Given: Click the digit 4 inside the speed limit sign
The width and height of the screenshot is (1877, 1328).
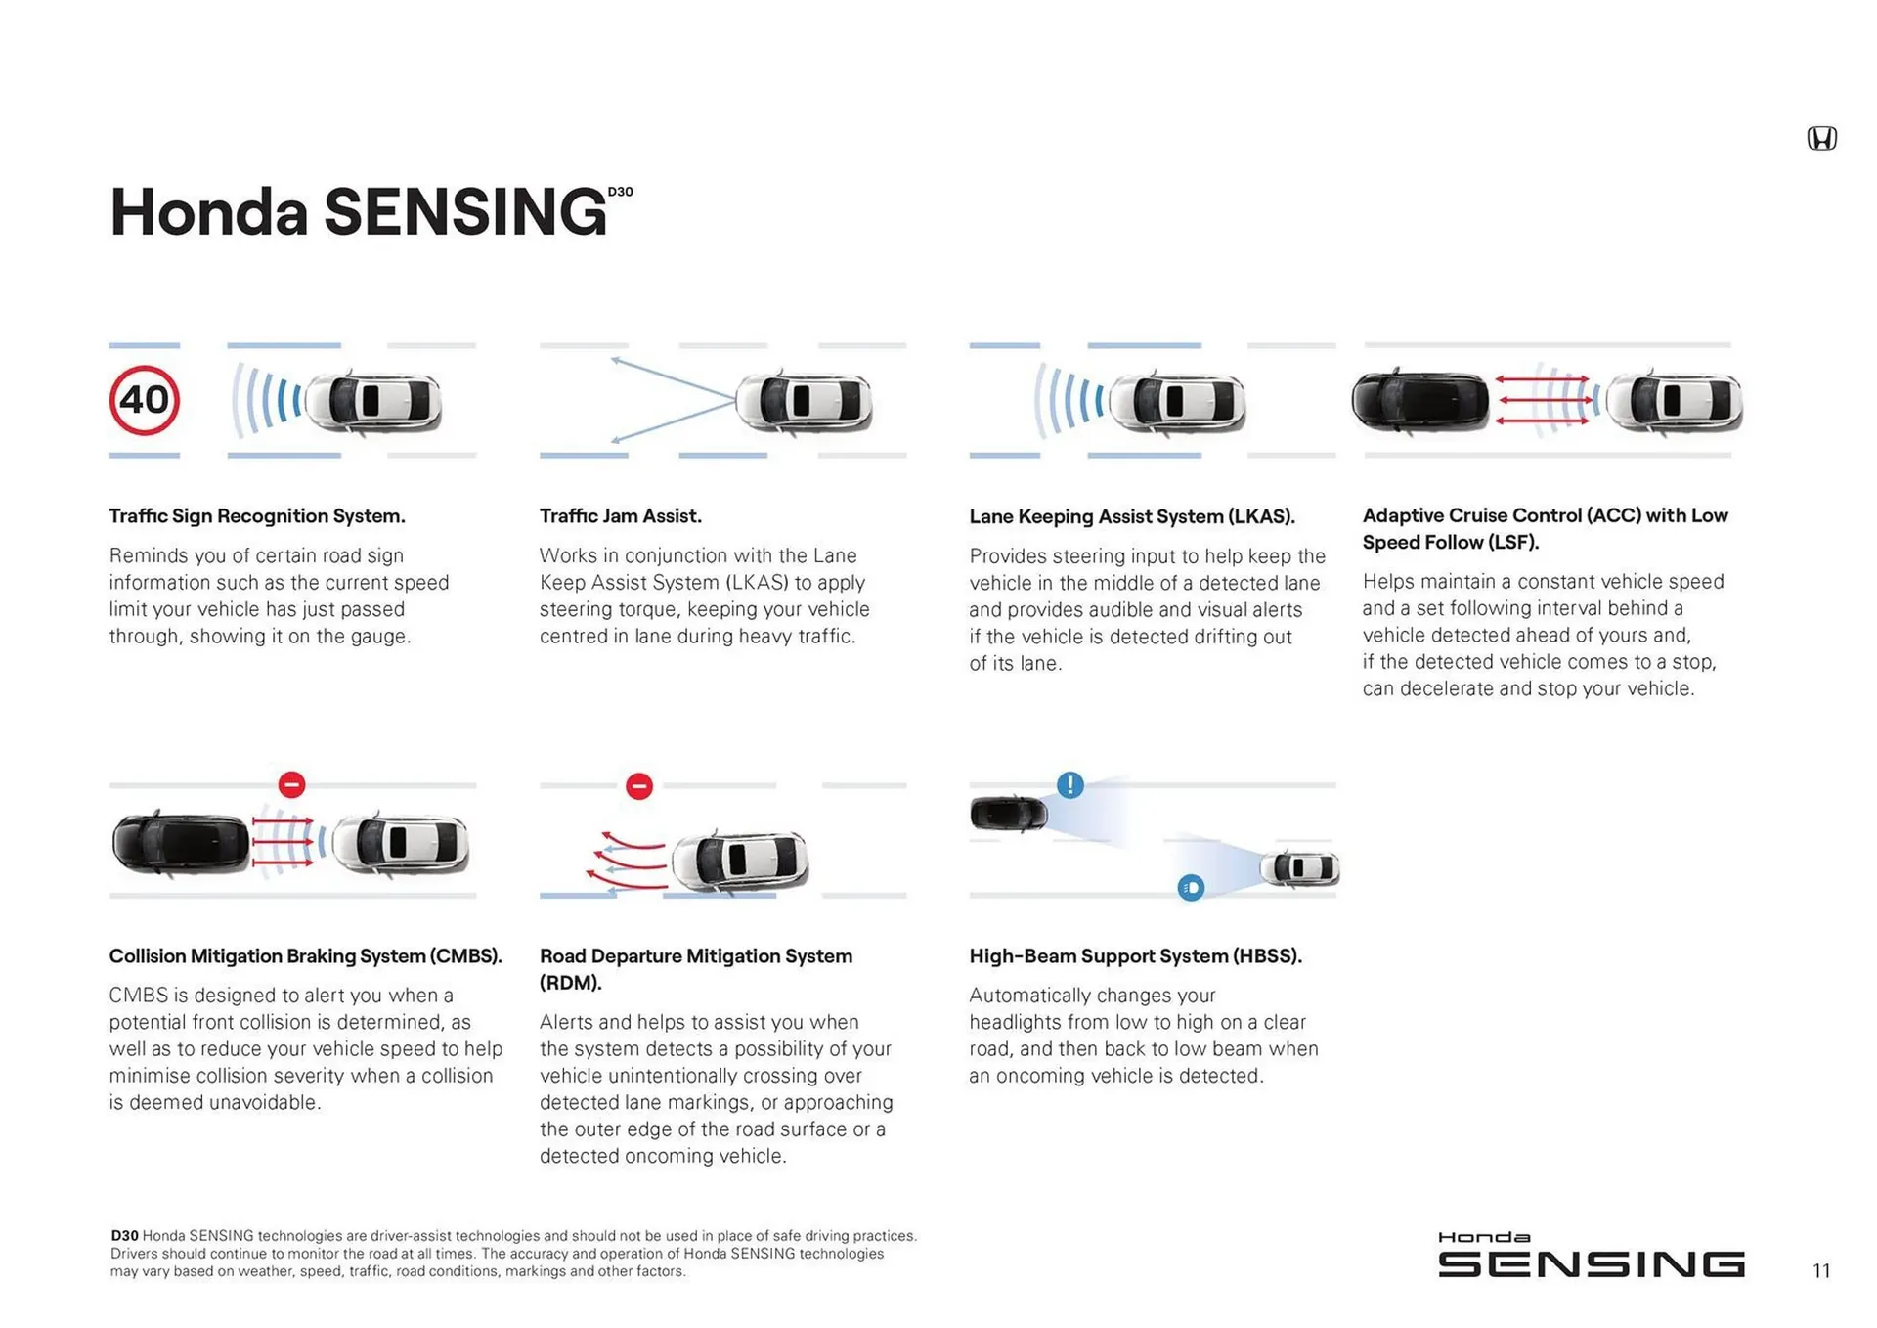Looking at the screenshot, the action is point(131,400).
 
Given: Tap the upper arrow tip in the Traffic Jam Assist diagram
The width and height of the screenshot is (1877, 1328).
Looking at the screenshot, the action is point(612,360).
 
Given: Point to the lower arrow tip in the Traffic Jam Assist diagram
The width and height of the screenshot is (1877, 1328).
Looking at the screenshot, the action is point(612,441).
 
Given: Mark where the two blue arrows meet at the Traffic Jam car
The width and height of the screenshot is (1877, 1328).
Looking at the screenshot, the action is point(735,399).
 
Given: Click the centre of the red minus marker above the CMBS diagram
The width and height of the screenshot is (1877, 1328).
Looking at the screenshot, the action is point(291,784).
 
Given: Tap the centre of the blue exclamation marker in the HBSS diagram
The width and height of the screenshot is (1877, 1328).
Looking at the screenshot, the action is point(1070,784).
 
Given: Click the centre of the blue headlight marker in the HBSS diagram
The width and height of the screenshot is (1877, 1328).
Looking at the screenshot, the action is point(1191,887).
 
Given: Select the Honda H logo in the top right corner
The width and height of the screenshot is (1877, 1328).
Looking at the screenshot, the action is point(1821,138).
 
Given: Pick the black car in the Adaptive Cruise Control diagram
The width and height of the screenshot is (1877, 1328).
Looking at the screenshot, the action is point(1420,401).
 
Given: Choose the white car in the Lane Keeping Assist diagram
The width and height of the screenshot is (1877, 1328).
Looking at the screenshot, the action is point(1177,401).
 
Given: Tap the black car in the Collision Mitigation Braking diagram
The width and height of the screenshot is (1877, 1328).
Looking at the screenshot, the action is point(181,842).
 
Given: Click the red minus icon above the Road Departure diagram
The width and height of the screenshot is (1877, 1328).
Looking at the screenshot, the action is point(639,785).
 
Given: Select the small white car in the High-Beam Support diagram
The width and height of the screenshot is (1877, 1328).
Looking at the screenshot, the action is point(1299,867).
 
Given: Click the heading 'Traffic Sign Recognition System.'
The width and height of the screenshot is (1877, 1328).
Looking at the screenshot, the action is point(257,516).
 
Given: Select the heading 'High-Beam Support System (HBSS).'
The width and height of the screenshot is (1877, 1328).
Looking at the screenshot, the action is point(1135,956).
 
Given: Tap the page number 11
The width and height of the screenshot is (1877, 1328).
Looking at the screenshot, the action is point(1821,1270).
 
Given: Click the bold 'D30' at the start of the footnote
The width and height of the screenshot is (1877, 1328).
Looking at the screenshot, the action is point(124,1236).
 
